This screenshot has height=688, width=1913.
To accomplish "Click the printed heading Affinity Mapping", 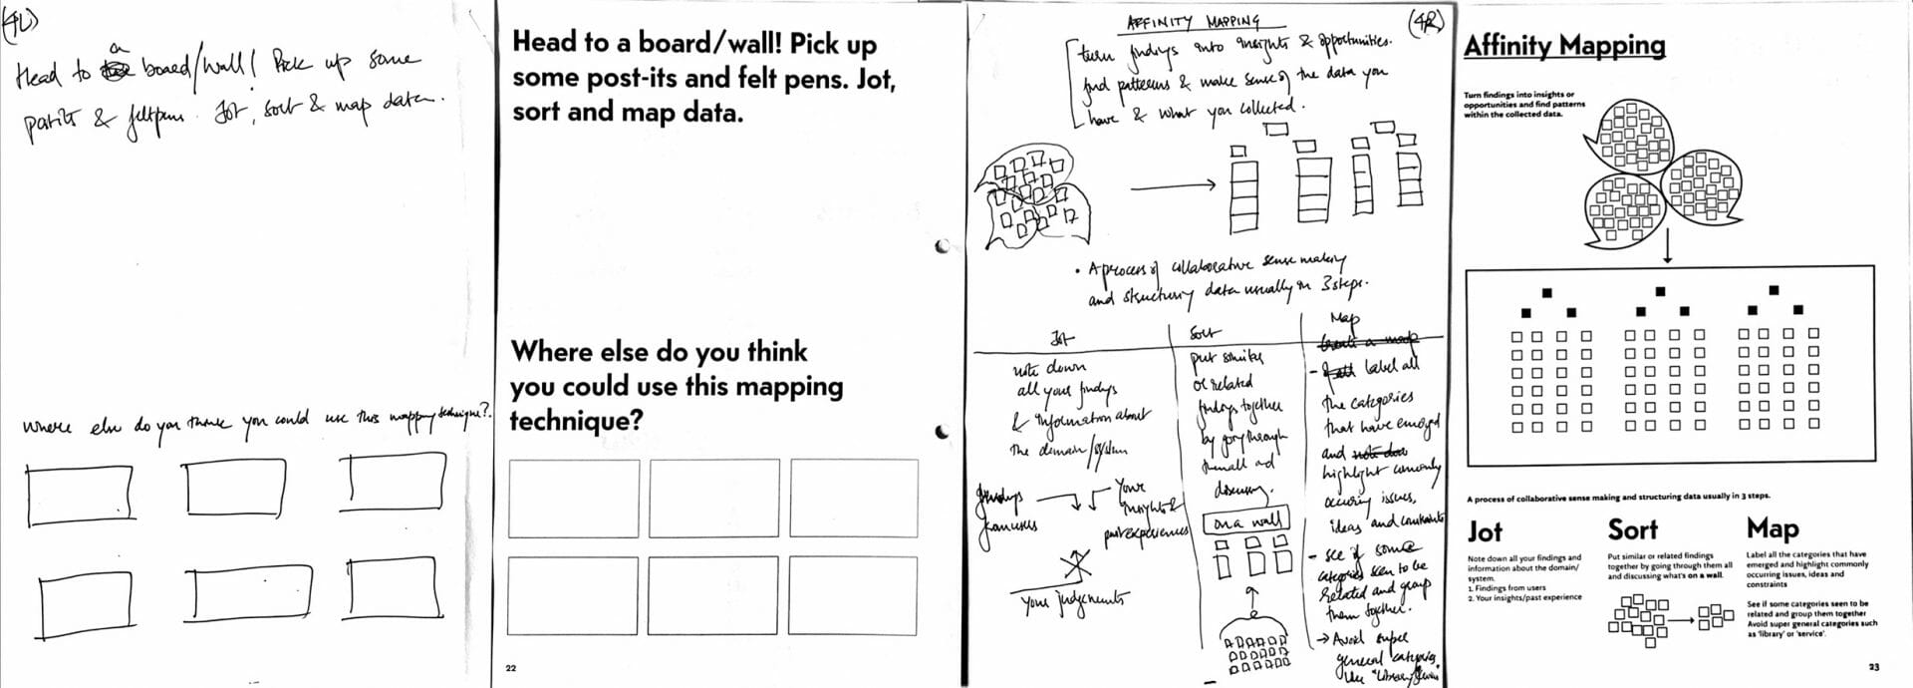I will coord(1563,46).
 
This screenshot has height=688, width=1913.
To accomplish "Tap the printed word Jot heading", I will coord(1485,531).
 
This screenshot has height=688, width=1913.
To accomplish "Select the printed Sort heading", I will coord(1632,529).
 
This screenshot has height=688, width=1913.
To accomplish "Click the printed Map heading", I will coord(1773,528).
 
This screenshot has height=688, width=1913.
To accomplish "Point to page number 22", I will coord(511,668).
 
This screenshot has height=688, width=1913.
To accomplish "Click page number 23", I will coord(1874,667).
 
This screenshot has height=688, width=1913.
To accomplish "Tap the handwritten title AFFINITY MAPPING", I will coord(1192,21).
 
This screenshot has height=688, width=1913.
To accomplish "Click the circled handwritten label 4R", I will coord(1426,21).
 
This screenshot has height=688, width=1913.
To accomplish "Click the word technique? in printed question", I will coord(576,421).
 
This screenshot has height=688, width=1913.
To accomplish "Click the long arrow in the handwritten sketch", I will coord(1173,184).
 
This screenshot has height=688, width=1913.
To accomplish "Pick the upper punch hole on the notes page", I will coord(941,246).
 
